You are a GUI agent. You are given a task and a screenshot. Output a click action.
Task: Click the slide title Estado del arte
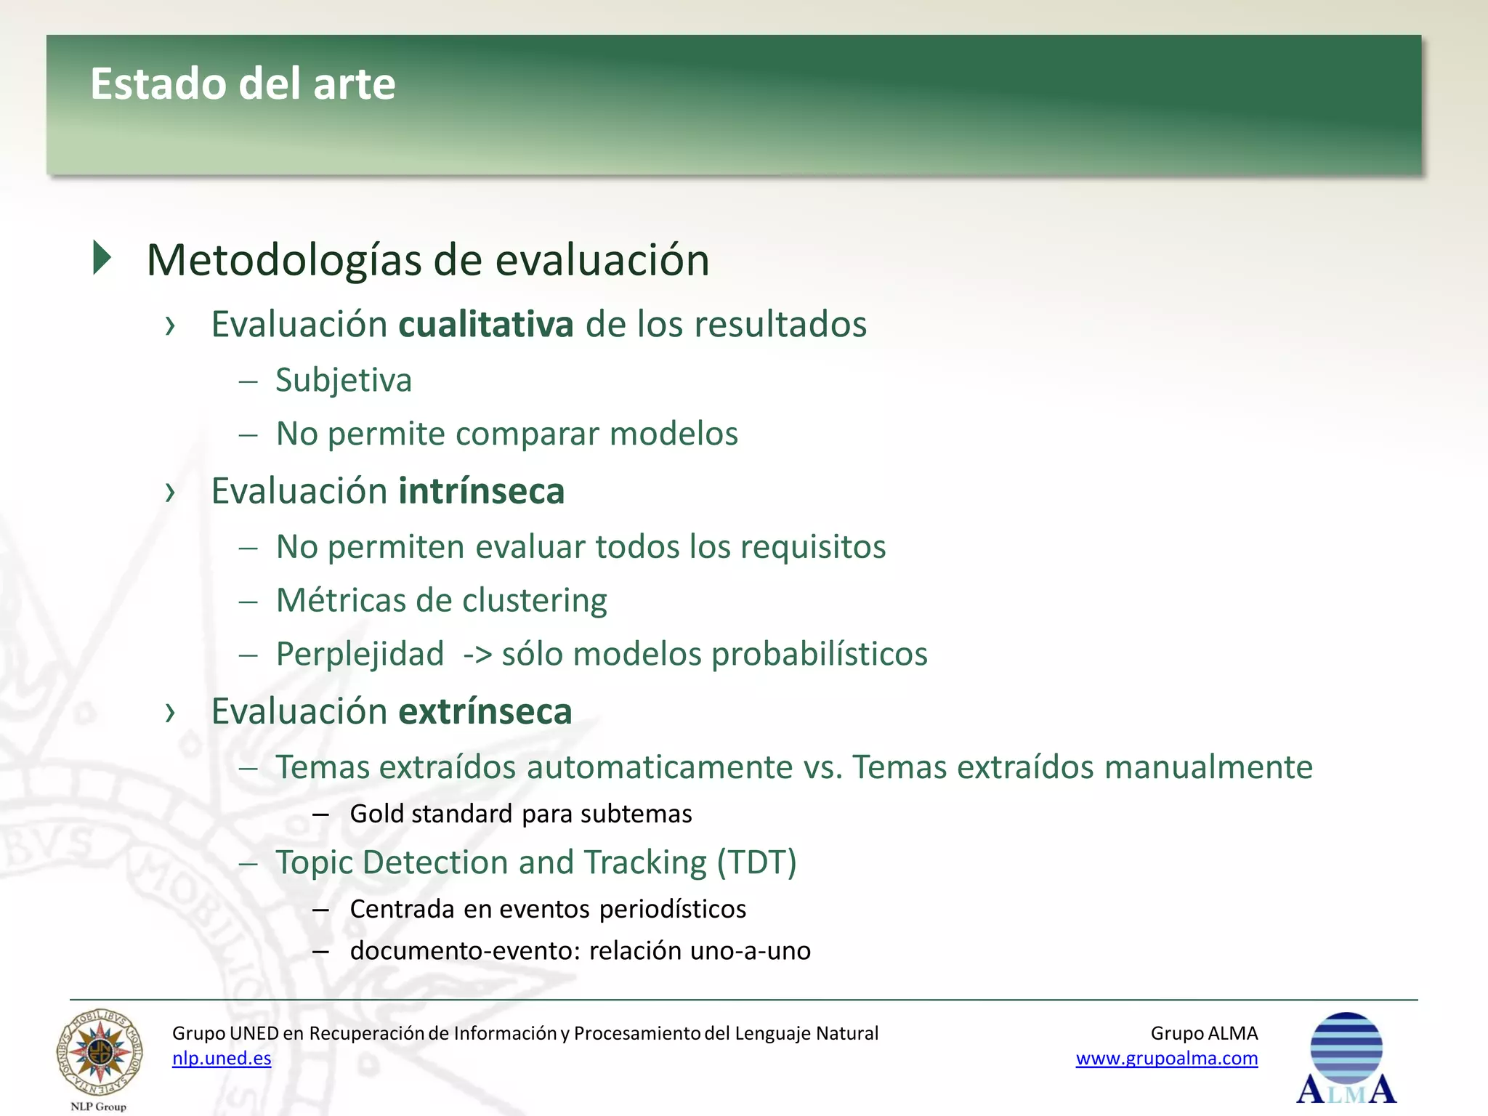pyautogui.click(x=243, y=84)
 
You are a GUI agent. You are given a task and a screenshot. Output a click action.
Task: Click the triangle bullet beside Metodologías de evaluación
pyautogui.click(x=102, y=258)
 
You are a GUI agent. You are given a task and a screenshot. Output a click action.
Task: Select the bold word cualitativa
pyautogui.click(x=486, y=324)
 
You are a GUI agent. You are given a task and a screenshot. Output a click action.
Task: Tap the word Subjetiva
pyautogui.click(x=344, y=380)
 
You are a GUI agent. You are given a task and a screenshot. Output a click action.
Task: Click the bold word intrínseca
pyautogui.click(x=482, y=491)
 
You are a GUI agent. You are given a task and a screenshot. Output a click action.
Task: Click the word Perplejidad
pyautogui.click(x=360, y=654)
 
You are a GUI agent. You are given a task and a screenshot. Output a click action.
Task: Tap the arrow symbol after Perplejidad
pyautogui.click(x=477, y=655)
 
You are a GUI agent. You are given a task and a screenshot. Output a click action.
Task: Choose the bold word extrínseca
pyautogui.click(x=485, y=711)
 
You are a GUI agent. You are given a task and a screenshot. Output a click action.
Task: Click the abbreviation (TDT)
pyautogui.click(x=756, y=862)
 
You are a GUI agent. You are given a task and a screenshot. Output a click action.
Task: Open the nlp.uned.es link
pyautogui.click(x=222, y=1058)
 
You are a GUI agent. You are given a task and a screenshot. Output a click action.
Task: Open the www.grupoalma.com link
pyautogui.click(x=1166, y=1058)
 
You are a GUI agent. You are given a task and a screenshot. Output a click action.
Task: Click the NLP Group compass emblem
pyautogui.click(x=100, y=1053)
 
